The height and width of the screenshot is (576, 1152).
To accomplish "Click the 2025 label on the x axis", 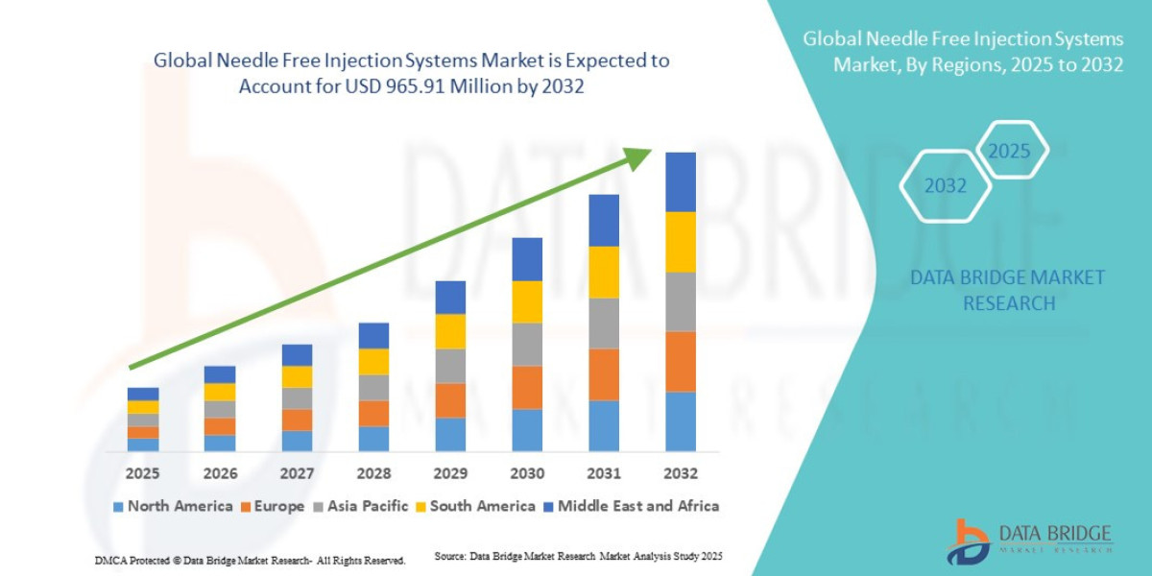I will pyautogui.click(x=142, y=473).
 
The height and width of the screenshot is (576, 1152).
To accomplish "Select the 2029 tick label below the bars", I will pyautogui.click(x=450, y=473).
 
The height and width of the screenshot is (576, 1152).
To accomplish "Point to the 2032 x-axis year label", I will pyautogui.click(x=680, y=473).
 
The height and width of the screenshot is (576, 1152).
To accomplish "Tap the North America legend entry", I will pyautogui.click(x=173, y=506).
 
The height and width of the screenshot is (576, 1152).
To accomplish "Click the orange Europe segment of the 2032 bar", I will pyautogui.click(x=680, y=361).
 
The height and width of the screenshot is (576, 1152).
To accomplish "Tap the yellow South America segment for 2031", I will pyautogui.click(x=604, y=272).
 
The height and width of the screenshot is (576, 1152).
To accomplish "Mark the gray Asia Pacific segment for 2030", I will pyautogui.click(x=527, y=344).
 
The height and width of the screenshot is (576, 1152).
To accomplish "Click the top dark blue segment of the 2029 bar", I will pyautogui.click(x=450, y=298).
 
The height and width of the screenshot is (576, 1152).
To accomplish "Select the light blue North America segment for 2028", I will pyautogui.click(x=373, y=439).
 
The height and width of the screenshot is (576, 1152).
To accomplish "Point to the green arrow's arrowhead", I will pyautogui.click(x=638, y=157).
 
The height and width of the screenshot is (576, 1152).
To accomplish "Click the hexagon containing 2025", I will pyautogui.click(x=1009, y=151).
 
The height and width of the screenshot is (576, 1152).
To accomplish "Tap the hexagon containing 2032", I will pyautogui.click(x=945, y=186).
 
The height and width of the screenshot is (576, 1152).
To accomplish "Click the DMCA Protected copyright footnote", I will pyautogui.click(x=250, y=560).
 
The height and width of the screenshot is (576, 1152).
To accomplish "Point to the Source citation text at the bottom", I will pyautogui.click(x=578, y=557).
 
